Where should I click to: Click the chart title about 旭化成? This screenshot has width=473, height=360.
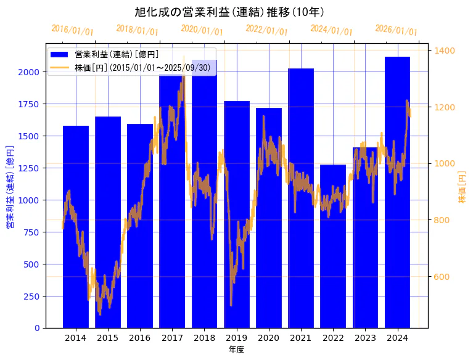click(229, 12)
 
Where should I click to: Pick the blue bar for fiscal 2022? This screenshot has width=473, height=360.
click(333, 246)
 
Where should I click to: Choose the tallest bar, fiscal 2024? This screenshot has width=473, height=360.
click(397, 192)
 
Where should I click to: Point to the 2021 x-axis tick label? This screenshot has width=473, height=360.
click(301, 338)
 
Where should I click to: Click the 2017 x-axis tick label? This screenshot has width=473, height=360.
click(172, 338)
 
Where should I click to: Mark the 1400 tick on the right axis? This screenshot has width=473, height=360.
click(445, 51)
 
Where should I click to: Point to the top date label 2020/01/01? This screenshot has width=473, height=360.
click(202, 30)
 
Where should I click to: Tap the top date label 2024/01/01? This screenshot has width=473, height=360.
click(331, 30)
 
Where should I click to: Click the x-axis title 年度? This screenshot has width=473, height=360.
click(236, 350)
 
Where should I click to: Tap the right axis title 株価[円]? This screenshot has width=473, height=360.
click(462, 187)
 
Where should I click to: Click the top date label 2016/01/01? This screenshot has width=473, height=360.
click(72, 30)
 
